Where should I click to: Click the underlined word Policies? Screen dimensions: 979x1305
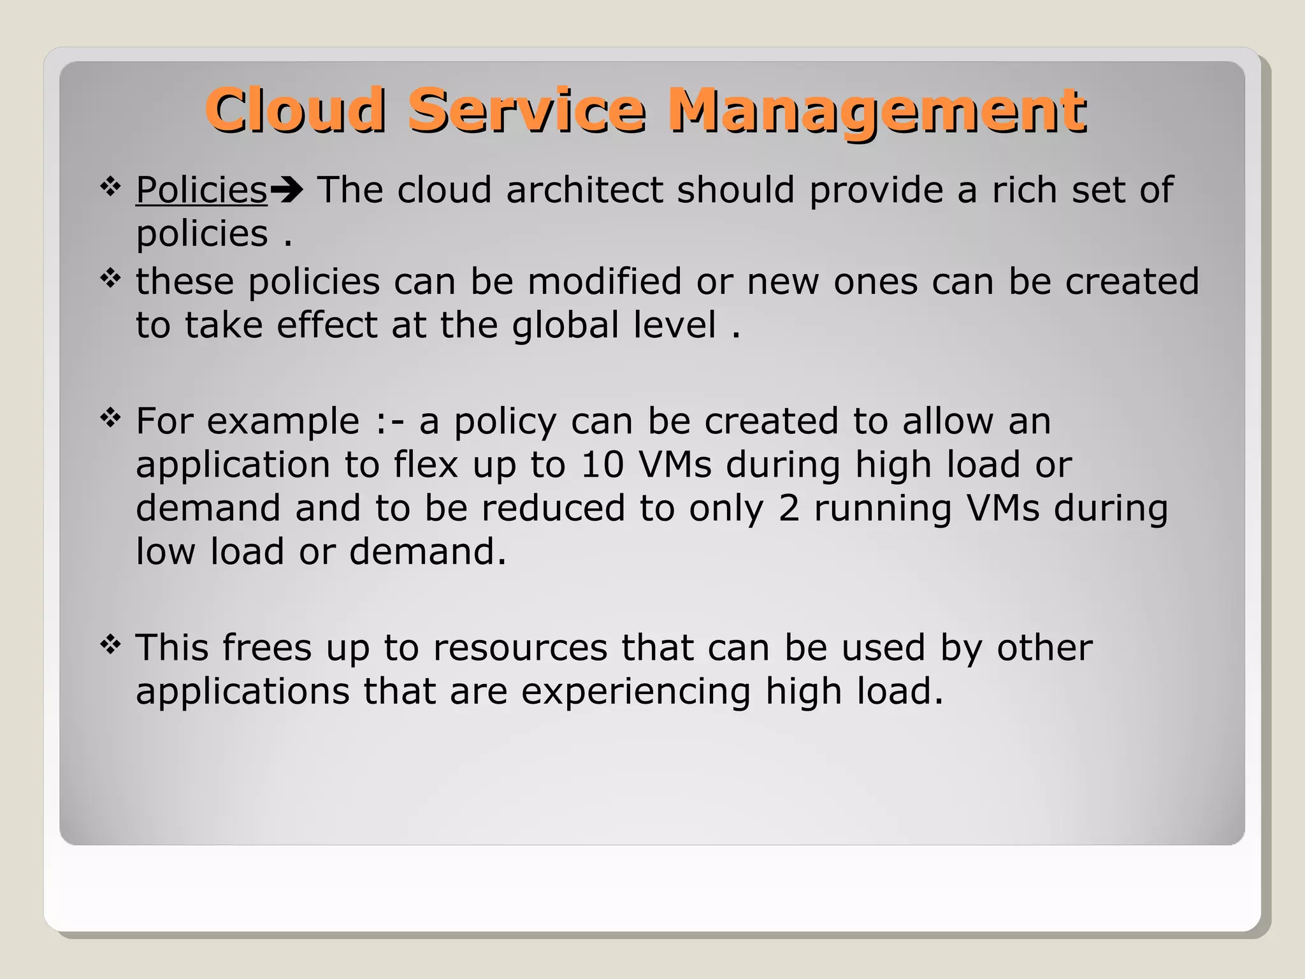click(201, 191)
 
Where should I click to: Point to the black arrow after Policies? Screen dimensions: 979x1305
click(286, 190)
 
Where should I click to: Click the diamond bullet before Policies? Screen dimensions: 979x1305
click(110, 187)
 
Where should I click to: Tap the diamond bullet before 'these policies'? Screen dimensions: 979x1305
click(110, 279)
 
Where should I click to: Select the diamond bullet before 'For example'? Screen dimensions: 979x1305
click(110, 419)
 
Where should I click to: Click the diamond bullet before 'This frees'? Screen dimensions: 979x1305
click(110, 645)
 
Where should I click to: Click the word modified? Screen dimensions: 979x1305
click(604, 281)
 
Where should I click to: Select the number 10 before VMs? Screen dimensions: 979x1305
click(602, 465)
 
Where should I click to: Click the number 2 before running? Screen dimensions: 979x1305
click(789, 509)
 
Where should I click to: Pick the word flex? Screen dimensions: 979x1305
click(426, 465)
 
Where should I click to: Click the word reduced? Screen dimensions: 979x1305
click(553, 509)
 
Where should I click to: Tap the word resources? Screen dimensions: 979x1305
click(520, 648)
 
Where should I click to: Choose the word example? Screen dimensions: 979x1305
click(283, 423)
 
